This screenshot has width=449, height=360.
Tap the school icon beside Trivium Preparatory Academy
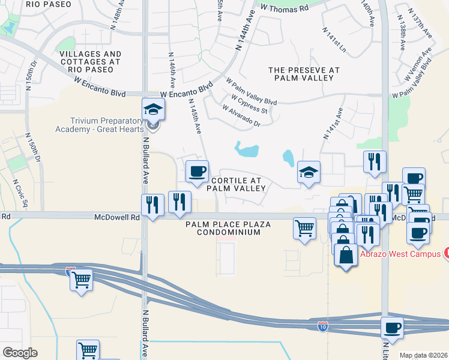[152, 110]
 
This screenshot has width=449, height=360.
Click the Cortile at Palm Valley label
[236, 184]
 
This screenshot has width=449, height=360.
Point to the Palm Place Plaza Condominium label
[228, 228]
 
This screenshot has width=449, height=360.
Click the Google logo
[20, 353]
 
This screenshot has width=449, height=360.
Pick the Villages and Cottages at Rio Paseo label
[91, 58]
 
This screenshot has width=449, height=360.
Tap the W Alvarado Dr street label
[241, 116]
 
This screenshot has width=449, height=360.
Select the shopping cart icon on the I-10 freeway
[81, 279]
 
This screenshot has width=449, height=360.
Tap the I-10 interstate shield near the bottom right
[322, 326]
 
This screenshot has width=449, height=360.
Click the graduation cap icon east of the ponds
[309, 172]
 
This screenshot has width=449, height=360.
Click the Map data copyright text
[423, 355]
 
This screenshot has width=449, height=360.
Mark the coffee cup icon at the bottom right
[392, 328]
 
